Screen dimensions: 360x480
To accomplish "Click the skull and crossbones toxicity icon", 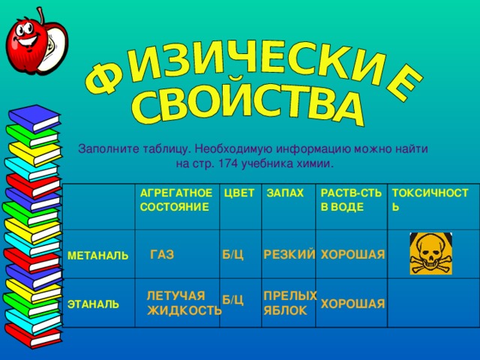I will tap(430, 253).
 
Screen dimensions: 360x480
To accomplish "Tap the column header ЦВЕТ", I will tap(238, 193).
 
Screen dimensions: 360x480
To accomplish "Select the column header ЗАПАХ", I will tap(285, 193).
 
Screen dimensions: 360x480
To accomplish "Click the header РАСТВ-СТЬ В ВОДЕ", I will tap(347, 200).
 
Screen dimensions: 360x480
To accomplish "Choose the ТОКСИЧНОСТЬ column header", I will tap(430, 200).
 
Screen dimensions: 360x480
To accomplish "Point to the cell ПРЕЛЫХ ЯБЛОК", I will tap(289, 302).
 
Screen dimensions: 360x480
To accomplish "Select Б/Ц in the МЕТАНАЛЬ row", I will tap(232, 256).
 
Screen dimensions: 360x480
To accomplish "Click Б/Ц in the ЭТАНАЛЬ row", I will tap(232, 300).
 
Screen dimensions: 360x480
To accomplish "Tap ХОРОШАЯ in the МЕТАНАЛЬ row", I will tap(352, 256).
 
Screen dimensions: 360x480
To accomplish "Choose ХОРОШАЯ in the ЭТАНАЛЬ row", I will tap(352, 304).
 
